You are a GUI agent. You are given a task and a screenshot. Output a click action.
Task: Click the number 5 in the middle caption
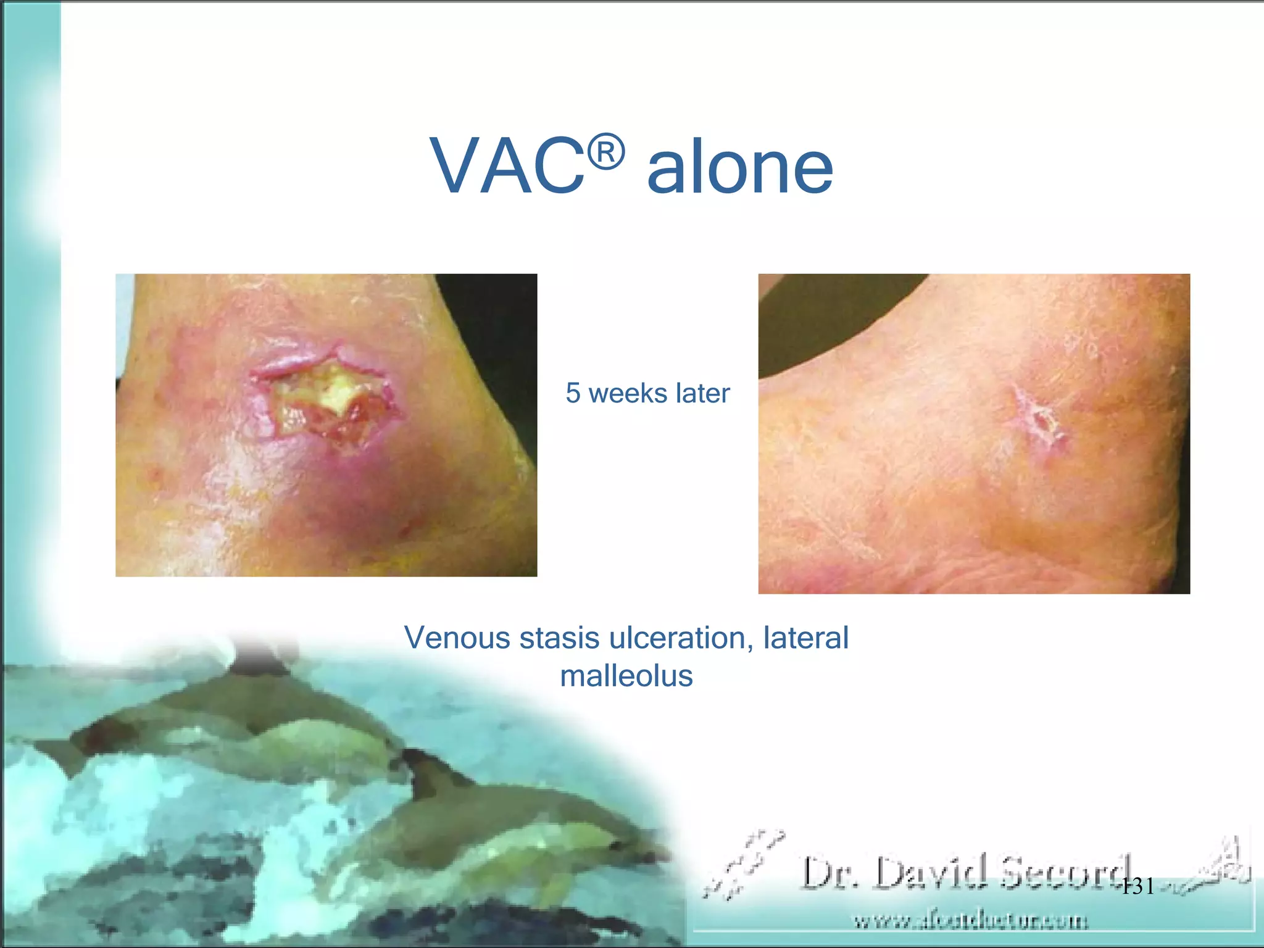(x=573, y=393)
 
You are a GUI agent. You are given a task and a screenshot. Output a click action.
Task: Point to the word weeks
(x=628, y=393)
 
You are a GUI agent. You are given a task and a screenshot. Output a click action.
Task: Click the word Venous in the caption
(x=457, y=638)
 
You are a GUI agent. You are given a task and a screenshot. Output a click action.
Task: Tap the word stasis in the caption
(x=559, y=638)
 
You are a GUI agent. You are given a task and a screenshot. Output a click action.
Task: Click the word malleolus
(x=626, y=676)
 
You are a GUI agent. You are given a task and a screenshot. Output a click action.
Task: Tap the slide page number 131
(x=1137, y=887)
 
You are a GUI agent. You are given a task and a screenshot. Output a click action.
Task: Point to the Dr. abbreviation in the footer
(x=831, y=873)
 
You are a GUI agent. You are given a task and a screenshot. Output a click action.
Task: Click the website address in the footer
(x=971, y=921)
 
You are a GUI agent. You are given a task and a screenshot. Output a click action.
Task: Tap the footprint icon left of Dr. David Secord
(x=744, y=864)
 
